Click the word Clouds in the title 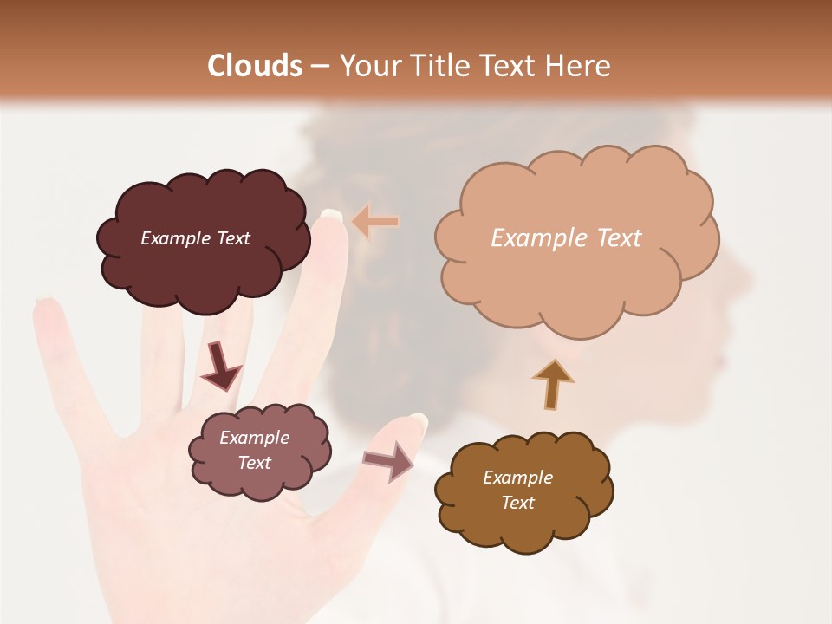pyautogui.click(x=254, y=66)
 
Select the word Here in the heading pyautogui.click(x=578, y=66)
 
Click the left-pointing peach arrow pyautogui.click(x=375, y=222)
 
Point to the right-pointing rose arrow pyautogui.click(x=389, y=461)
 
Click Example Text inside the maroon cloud pyautogui.click(x=195, y=238)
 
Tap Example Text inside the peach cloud pyautogui.click(x=566, y=238)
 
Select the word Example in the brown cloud pyautogui.click(x=517, y=478)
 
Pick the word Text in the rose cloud pyautogui.click(x=255, y=463)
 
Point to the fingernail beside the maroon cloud pyautogui.click(x=331, y=215)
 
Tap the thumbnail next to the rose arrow pyautogui.click(x=419, y=422)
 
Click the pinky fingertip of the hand pyautogui.click(x=44, y=303)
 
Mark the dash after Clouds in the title pyautogui.click(x=319, y=67)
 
